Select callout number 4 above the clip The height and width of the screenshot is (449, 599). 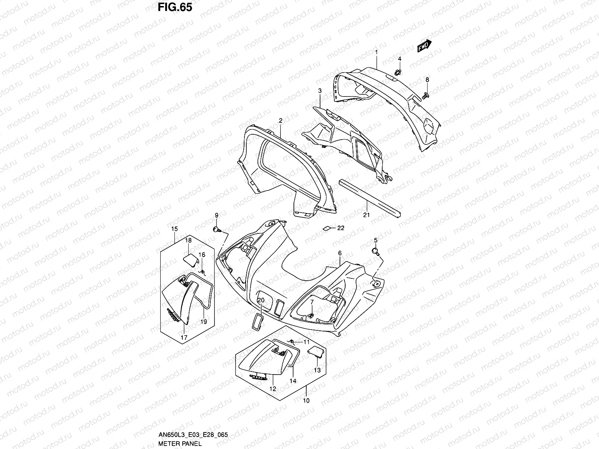pyautogui.click(x=399, y=59)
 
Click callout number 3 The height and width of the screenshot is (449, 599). pyautogui.click(x=320, y=91)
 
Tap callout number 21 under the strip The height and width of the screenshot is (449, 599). pyautogui.click(x=367, y=215)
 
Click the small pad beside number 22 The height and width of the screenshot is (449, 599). pyautogui.click(x=326, y=227)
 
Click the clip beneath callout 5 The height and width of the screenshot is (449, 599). pyautogui.click(x=375, y=250)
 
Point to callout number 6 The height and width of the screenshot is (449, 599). pyautogui.click(x=340, y=253)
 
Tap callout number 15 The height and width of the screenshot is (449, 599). pyautogui.click(x=174, y=229)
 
